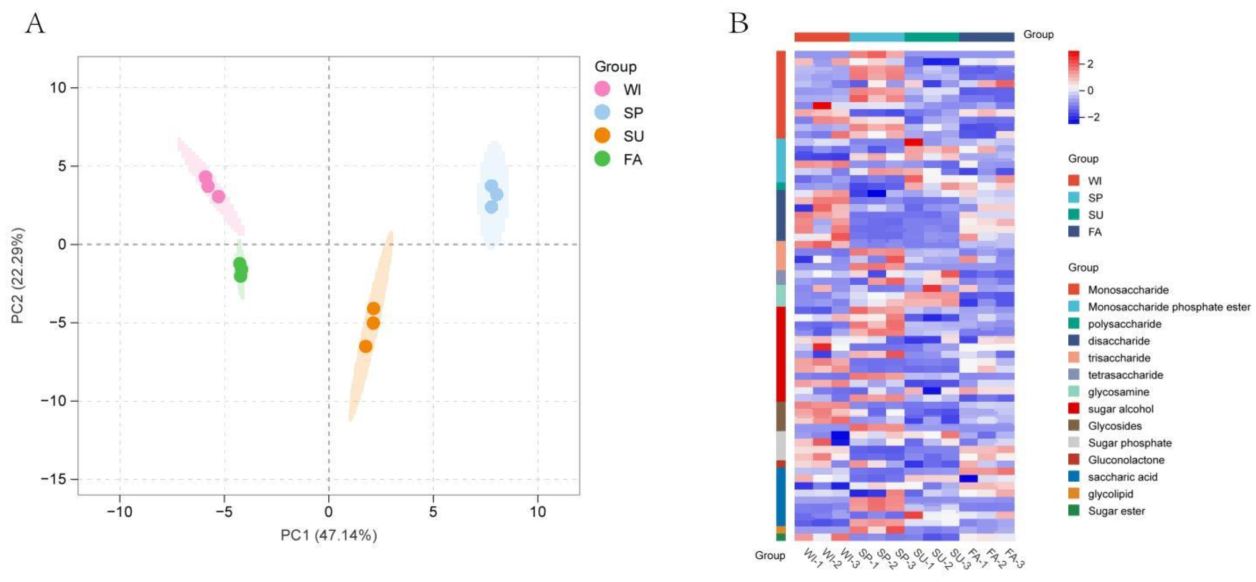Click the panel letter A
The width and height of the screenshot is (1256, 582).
tap(35, 24)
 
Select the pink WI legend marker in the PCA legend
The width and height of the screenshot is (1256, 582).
tap(602, 89)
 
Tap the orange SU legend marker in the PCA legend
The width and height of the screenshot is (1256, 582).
tap(602, 136)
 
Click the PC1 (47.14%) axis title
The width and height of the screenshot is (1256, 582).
tap(329, 535)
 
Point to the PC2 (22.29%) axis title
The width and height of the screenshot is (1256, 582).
tap(18, 275)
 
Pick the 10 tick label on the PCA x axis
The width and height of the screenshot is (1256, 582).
tap(537, 512)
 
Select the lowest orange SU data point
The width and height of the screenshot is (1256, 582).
tap(365, 346)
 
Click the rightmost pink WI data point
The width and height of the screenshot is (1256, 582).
tap(218, 197)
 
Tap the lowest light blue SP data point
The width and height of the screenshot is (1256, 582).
tap(492, 207)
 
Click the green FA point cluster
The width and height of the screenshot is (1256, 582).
tap(240, 270)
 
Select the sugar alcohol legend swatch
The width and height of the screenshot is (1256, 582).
tap(1074, 409)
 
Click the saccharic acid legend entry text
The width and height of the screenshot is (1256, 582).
tap(1122, 477)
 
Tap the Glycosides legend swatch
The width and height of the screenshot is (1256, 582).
tap(1074, 426)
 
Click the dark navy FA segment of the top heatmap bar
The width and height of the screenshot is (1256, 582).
tap(986, 37)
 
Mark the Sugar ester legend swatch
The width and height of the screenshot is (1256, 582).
tap(1074, 511)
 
